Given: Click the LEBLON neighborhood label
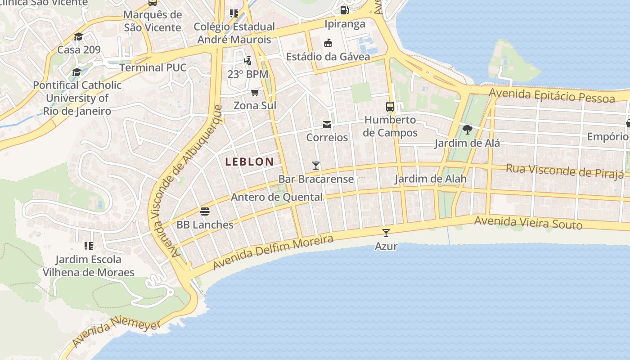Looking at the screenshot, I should click(x=249, y=162).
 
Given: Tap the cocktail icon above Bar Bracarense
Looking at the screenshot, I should click(x=316, y=166).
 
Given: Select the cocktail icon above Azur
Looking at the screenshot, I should click(x=386, y=233).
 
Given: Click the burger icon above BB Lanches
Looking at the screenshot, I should click(x=205, y=211).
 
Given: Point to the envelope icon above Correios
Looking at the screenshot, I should click(x=327, y=124).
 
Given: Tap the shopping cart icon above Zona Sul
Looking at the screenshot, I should click(x=255, y=92).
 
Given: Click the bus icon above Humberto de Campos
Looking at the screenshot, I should click(x=390, y=107).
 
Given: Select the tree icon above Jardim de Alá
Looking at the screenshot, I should click(x=467, y=130).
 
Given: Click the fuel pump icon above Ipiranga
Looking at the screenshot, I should click(x=345, y=10).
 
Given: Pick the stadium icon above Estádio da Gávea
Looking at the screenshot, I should click(x=328, y=43).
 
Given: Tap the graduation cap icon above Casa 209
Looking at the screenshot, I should click(x=79, y=36).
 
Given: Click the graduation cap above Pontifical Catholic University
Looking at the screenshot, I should click(x=77, y=72).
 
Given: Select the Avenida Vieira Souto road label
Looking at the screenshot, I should click(x=528, y=222).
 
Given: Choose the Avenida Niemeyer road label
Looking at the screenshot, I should click(x=116, y=332).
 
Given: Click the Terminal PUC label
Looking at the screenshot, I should click(x=153, y=67).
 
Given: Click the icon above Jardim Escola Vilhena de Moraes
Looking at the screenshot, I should click(x=89, y=246).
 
